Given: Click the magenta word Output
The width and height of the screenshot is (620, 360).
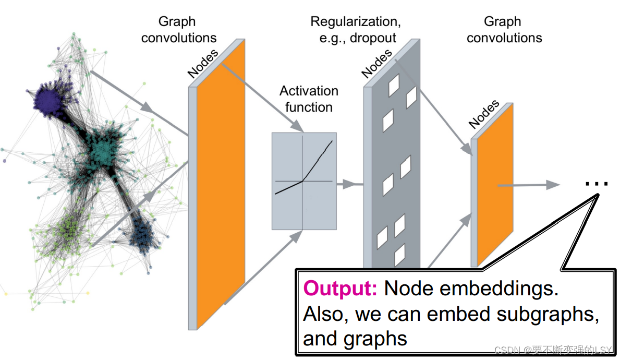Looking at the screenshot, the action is point(340,288).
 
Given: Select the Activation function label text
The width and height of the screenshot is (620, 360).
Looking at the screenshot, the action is point(309,99).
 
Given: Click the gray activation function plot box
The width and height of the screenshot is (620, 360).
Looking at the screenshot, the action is point(304,181).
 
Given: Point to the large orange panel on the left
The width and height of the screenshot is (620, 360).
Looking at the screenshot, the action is point(221,184).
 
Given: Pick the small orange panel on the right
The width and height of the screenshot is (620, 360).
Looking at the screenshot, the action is point(495,185).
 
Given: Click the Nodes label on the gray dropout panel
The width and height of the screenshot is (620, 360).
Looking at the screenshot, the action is point(376,63).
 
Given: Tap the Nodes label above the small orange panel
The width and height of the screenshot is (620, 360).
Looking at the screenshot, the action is point(483,114).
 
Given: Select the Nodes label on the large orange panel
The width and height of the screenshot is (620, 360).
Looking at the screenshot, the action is point(202,63).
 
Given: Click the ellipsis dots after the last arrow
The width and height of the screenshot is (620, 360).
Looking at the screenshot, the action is point(597,184).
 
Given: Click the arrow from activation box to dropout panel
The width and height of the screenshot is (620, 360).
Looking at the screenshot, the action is point(350,184).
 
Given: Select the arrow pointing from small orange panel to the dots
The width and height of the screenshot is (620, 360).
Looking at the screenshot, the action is point(529,185).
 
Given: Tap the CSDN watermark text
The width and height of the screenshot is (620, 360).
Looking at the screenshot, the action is point(553,350).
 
